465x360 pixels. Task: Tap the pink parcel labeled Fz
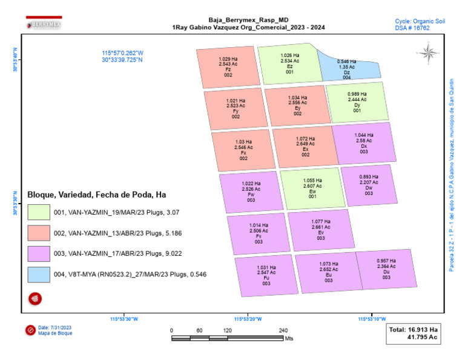[228, 66]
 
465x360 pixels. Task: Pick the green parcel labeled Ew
[312, 188]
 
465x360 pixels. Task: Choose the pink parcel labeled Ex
[305, 146]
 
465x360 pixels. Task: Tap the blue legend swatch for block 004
[38, 275]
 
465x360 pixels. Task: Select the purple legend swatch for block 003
[38, 253]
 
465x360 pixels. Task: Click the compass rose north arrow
[428, 53]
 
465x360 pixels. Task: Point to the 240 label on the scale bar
[283, 330]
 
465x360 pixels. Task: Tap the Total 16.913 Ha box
[414, 335]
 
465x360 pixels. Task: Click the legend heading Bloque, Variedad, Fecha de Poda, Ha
[97, 195]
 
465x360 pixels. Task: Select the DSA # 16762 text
[412, 28]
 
